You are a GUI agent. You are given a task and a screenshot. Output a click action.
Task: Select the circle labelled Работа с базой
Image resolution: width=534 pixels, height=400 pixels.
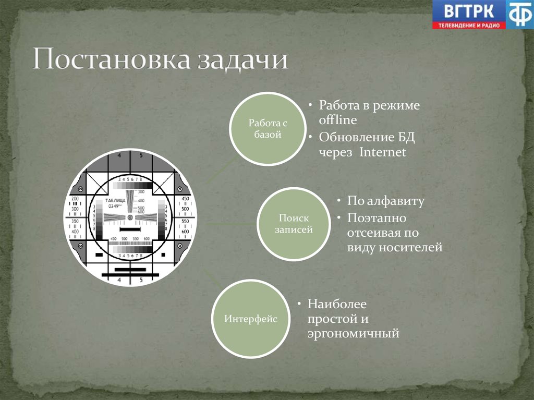point(268,129)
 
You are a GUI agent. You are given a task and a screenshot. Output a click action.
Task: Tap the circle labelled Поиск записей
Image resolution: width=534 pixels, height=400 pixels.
point(294,224)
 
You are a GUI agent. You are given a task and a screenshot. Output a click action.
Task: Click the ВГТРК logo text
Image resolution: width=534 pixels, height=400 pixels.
point(468,10)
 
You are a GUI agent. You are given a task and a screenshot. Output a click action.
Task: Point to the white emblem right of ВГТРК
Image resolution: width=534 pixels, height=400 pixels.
point(520,14)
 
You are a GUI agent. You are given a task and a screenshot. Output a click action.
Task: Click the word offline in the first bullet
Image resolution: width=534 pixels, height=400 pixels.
point(338,120)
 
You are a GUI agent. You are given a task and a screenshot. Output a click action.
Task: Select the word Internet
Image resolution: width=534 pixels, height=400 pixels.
point(383,153)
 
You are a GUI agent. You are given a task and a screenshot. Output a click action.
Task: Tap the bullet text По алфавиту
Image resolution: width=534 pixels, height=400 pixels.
point(386,201)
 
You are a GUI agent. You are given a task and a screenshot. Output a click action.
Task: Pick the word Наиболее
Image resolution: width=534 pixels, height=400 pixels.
point(337,304)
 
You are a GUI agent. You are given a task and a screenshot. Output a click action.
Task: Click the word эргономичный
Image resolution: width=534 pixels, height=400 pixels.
point(353,333)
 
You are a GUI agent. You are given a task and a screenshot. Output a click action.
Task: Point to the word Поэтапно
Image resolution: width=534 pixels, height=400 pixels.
point(377,217)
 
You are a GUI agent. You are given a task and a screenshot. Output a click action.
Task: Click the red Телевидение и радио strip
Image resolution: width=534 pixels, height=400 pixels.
point(468,25)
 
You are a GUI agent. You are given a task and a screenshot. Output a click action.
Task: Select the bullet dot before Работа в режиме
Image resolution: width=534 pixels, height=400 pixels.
point(310,105)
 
